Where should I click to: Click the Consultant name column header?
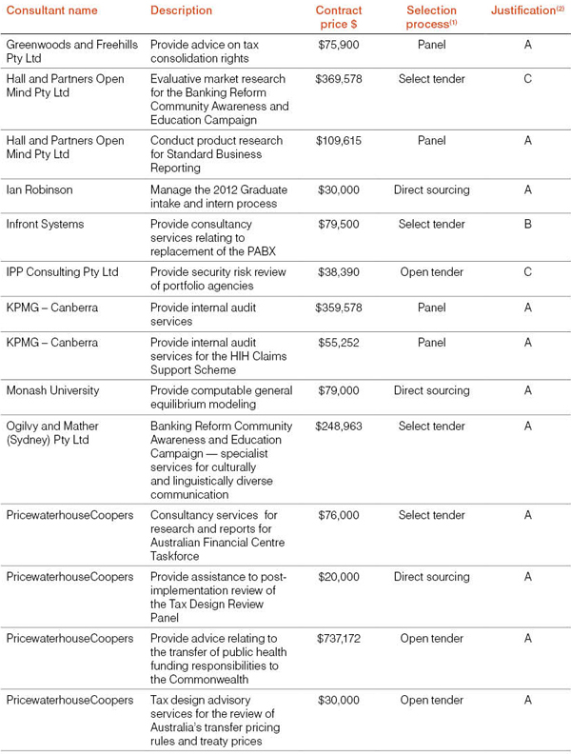[51, 10]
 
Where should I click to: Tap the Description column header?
[181, 10]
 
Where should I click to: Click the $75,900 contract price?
[338, 44]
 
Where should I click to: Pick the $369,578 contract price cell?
[338, 79]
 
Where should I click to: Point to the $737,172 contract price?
[338, 638]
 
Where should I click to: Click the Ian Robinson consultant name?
[39, 189]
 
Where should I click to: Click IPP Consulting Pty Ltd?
[62, 271]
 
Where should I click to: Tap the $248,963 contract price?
[338, 426]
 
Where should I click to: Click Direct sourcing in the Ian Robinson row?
[431, 189]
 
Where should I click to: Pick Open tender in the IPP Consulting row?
[431, 271]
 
